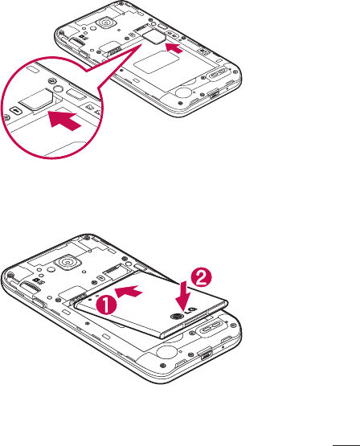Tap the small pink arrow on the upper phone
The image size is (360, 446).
174,47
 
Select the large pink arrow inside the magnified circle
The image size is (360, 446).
65,120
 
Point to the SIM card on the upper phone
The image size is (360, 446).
155,37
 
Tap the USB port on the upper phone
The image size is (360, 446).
213,92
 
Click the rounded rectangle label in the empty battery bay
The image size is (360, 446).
157,63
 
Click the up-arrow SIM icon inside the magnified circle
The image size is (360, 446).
14,109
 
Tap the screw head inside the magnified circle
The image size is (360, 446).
51,81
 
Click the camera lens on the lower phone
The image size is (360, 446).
69,263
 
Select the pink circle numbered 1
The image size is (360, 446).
106,305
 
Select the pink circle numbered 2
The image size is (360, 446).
201,278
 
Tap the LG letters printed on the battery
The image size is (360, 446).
190,311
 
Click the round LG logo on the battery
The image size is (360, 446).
175,317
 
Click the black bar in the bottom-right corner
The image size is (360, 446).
346,444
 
